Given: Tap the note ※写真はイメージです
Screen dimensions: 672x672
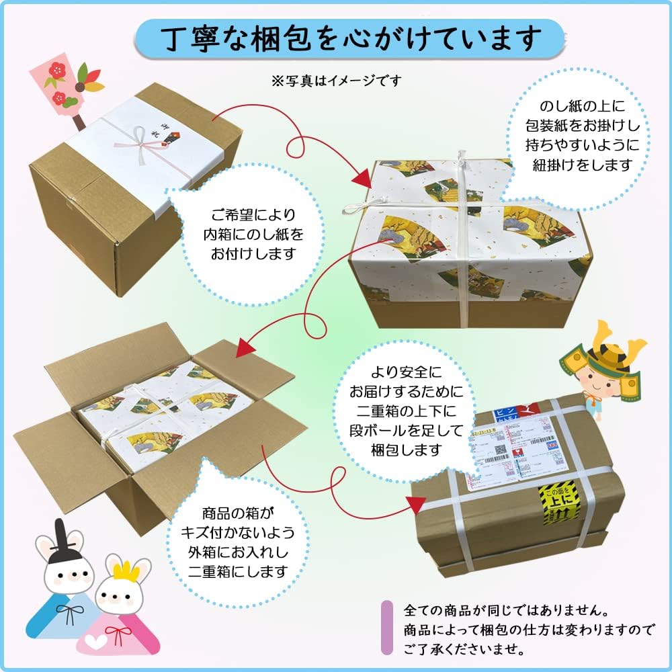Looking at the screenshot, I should coord(336,81).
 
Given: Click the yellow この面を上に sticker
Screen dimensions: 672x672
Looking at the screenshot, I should coord(562,503).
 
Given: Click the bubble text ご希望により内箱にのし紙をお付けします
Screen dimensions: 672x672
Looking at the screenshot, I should coord(249,235).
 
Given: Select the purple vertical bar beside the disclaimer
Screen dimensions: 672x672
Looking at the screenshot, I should coord(387,628).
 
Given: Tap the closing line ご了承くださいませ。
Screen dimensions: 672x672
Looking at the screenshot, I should coord(464,650).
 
